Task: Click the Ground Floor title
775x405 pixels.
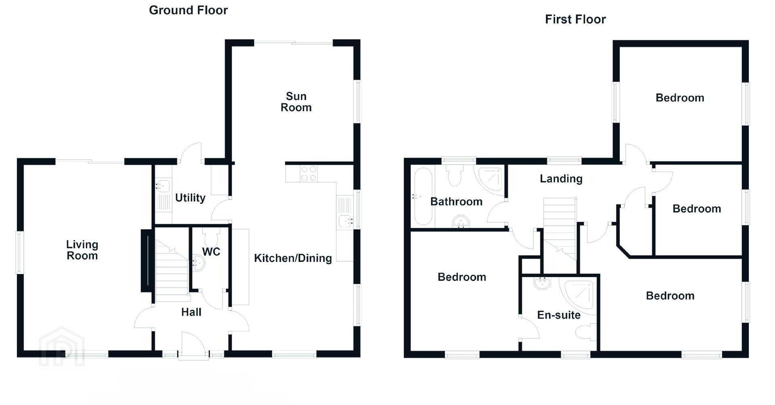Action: coord(188,10)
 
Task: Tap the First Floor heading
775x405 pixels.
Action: coord(575,19)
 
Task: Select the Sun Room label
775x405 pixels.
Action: coord(296,102)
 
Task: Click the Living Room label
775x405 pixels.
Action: coord(82,250)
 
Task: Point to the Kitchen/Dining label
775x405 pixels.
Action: coord(293,258)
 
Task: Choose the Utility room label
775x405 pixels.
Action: coord(190,198)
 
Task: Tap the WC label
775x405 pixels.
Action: coord(211,252)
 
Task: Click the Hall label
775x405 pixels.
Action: coord(191,312)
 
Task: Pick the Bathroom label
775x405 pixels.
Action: coord(457,202)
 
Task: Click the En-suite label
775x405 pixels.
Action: coord(559,315)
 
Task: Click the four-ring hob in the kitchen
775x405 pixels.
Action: coord(309,174)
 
